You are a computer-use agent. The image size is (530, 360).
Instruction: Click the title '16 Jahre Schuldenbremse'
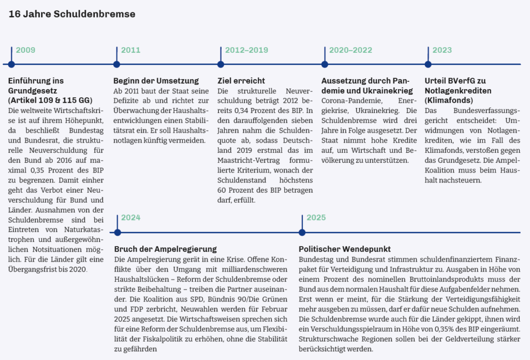coord(72,14)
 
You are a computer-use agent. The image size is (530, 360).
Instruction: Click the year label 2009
coord(25,50)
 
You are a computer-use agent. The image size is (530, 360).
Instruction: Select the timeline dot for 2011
coord(116,64)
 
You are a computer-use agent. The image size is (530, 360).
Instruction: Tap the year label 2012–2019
coord(246,50)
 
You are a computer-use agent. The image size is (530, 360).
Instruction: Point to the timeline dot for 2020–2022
coord(325,64)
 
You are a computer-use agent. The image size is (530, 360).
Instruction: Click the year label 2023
coord(442,50)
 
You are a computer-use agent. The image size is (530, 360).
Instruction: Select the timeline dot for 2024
coord(117,232)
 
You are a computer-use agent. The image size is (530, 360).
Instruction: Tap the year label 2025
coord(316,218)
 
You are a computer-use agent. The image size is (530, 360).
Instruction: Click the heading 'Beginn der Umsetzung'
coord(156,81)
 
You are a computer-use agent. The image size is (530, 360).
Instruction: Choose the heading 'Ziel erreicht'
coord(241,81)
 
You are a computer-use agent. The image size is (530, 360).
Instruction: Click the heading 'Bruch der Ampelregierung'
coord(165,249)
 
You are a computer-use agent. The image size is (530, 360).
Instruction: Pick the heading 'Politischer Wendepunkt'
coord(345,249)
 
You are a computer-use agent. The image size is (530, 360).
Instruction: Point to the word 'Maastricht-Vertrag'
coord(250,150)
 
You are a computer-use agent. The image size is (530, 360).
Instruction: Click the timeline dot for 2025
coord(302,232)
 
